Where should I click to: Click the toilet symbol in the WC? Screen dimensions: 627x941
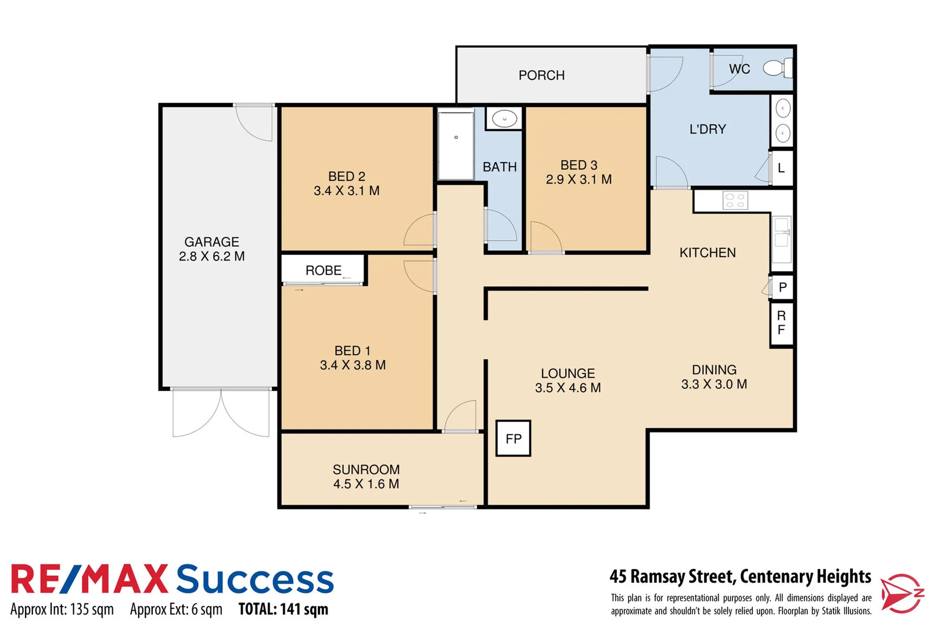tap(777, 68)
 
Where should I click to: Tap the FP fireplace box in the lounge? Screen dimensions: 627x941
tap(513, 438)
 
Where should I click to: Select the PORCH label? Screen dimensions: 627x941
tap(541, 75)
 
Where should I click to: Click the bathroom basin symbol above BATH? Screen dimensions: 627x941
tap(504, 118)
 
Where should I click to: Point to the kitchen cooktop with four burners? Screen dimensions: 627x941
tap(735, 201)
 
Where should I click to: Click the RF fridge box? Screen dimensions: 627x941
tap(782, 323)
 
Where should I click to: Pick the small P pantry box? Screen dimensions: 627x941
tap(782, 287)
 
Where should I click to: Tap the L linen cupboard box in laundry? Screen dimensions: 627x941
tap(782, 168)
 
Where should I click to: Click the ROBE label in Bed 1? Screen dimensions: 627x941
tap(324, 271)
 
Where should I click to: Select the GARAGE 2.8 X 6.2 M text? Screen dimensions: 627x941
tap(212, 249)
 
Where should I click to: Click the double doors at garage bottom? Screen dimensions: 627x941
tap(221, 412)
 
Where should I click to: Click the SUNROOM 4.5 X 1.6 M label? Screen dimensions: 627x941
tap(366, 477)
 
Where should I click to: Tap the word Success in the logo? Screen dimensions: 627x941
tap(255, 580)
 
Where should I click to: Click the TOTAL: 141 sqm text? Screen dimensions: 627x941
tap(283, 609)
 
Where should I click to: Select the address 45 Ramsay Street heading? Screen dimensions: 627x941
tap(740, 576)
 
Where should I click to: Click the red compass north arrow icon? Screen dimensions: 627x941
tap(901, 593)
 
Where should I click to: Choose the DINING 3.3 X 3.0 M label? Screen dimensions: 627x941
tap(714, 377)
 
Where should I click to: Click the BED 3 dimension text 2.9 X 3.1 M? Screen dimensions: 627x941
tap(579, 179)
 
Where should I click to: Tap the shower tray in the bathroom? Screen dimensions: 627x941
tap(456, 145)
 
